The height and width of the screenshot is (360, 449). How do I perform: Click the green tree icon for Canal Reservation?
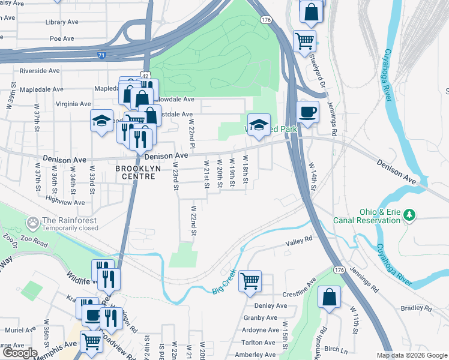click(410, 214)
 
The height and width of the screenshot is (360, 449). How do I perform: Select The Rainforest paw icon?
click(32, 224)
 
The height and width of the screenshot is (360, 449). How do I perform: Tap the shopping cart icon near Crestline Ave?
click(250, 280)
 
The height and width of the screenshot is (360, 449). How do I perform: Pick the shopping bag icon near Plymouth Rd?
click(330, 296)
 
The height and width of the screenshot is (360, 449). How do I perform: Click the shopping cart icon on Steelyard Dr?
click(305, 41)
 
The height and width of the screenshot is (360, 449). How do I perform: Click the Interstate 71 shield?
click(102, 55)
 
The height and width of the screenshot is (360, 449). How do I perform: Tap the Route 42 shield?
click(145, 73)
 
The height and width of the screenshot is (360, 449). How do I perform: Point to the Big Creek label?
click(225, 289)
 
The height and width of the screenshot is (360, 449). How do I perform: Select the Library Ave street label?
click(62, 22)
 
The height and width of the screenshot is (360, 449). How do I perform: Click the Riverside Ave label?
click(40, 71)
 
